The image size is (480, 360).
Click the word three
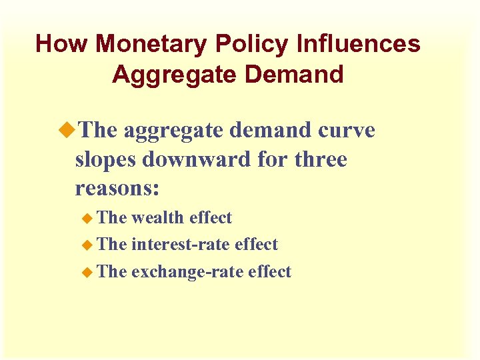click(321, 160)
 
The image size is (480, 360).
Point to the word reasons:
click(117, 189)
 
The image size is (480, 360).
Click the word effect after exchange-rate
click(269, 271)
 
